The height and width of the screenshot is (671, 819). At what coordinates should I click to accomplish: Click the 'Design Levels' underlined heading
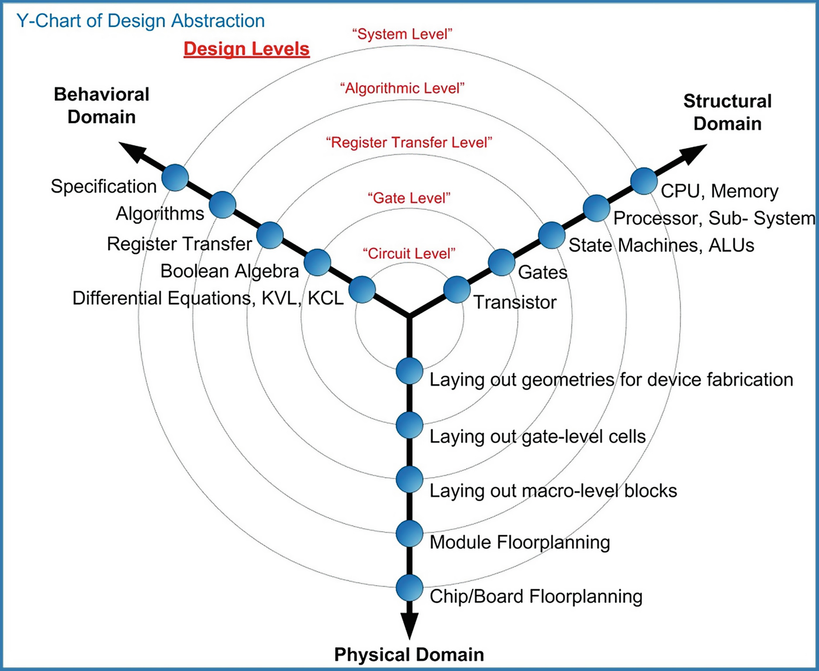[246, 49]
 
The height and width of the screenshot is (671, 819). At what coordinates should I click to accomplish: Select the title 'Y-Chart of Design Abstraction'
[140, 22]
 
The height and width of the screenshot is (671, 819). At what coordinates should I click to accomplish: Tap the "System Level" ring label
[402, 33]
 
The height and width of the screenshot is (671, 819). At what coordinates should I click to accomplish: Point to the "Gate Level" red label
[409, 198]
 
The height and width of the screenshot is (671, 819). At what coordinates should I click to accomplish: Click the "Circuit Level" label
[409, 253]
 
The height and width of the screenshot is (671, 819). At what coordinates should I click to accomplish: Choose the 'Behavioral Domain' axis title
[102, 105]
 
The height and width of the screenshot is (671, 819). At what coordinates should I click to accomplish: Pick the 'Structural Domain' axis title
[727, 112]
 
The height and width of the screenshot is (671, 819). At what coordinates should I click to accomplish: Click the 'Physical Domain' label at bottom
[409, 653]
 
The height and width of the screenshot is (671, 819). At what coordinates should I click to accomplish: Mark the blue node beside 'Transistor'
[457, 290]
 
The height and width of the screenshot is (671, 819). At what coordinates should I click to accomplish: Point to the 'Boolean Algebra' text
[229, 271]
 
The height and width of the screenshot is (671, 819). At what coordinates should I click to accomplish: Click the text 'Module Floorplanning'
[519, 542]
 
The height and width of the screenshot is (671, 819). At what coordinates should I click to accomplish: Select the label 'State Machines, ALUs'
[661, 245]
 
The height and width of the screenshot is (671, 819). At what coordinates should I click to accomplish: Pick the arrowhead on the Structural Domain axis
[691, 153]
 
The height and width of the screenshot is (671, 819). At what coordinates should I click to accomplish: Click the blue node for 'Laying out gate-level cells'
[409, 425]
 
